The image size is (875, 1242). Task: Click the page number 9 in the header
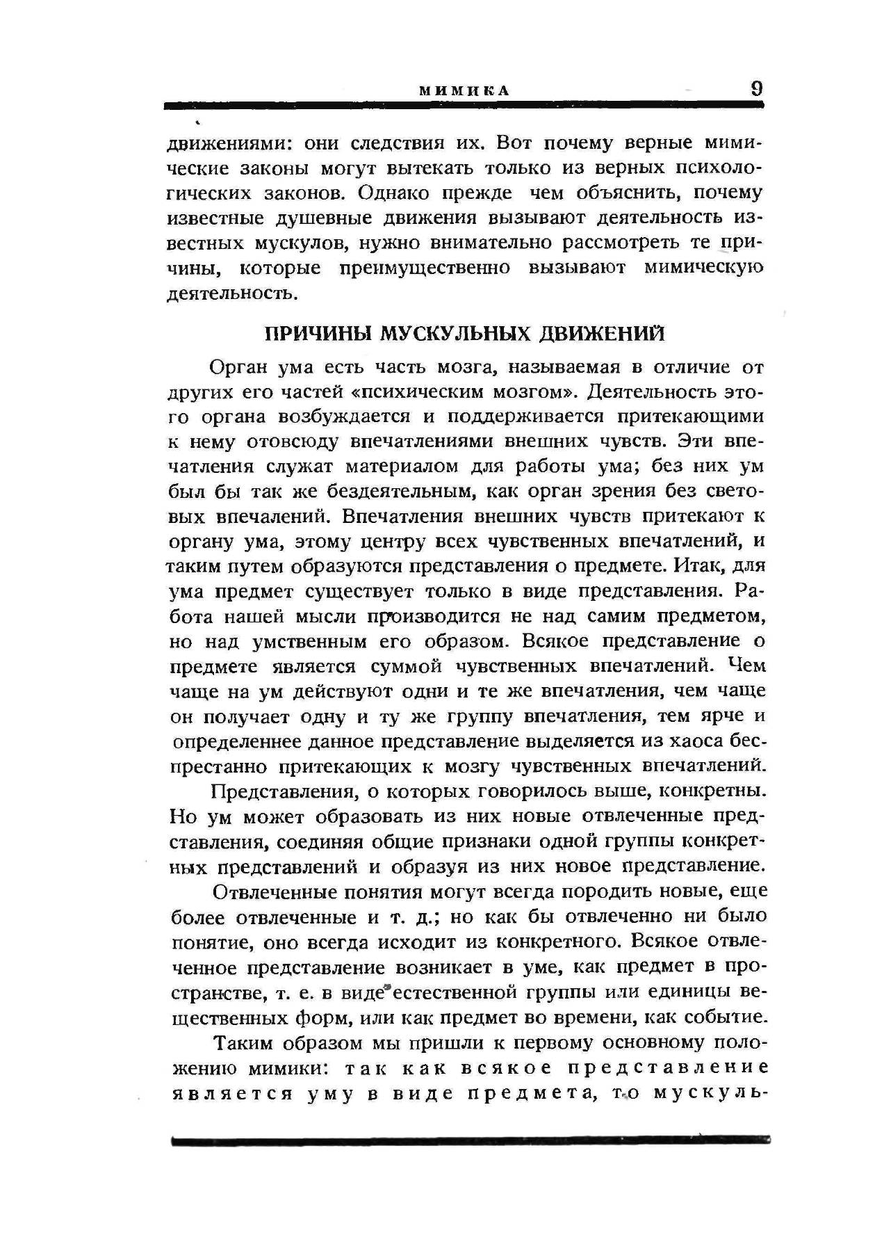(756, 88)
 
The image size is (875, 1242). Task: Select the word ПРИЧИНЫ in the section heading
(319, 333)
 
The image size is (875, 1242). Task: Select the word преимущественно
(425, 268)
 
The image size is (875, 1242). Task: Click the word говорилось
(533, 791)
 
